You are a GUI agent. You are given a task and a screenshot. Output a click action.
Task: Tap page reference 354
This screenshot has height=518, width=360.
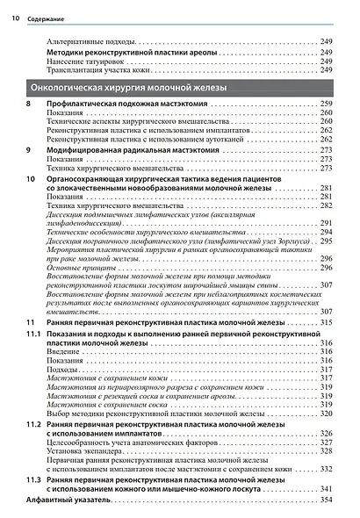tap(326, 500)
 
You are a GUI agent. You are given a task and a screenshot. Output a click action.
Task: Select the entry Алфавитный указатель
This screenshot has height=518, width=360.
tap(67, 500)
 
